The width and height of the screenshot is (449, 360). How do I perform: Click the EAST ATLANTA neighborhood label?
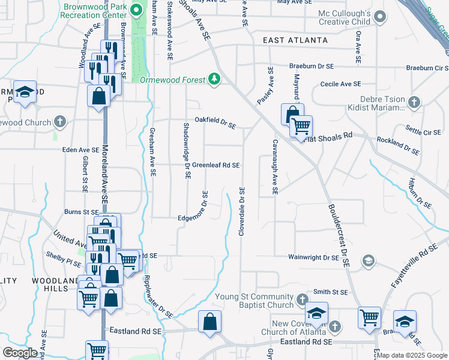(x=295, y=40)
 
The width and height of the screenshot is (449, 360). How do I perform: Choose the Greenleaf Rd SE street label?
(x=215, y=165)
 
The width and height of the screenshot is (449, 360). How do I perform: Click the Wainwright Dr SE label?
(x=314, y=257)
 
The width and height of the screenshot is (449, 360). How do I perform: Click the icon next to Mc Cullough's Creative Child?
(x=380, y=19)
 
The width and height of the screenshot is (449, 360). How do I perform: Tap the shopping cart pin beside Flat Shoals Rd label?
(x=301, y=126)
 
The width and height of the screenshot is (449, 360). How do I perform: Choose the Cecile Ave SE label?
(x=340, y=85)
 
